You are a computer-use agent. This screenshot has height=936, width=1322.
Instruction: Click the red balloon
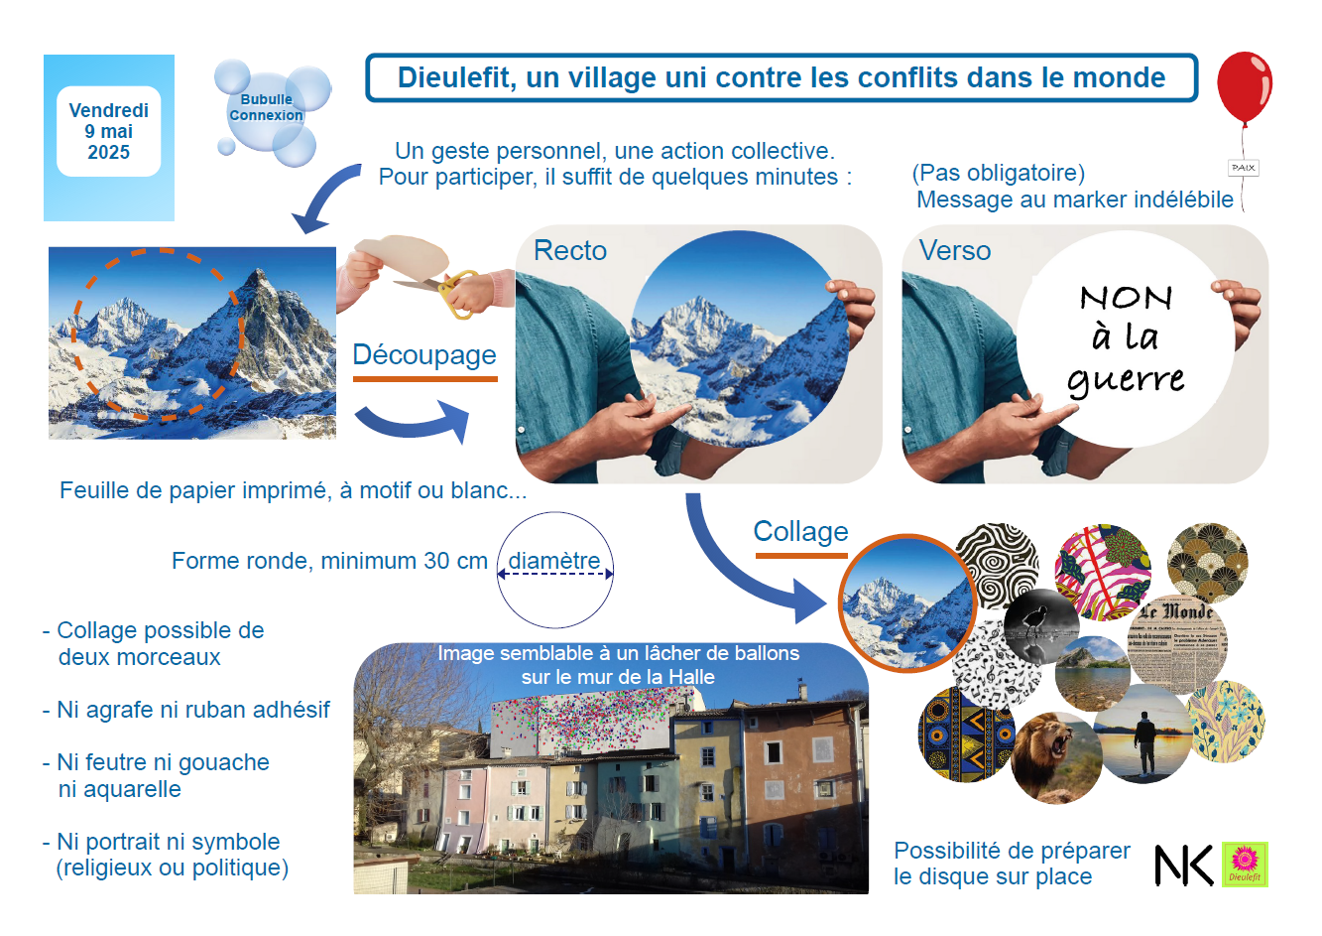click(1244, 86)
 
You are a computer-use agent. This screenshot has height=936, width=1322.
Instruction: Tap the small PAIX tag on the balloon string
click(1243, 168)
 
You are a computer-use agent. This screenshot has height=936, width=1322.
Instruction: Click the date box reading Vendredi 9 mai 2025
click(108, 131)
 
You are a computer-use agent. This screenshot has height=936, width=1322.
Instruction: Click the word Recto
click(570, 250)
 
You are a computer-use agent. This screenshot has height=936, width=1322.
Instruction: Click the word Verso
click(955, 250)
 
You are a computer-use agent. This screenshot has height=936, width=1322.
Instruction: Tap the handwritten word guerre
click(1126, 379)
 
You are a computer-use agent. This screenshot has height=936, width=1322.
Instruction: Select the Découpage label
click(424, 355)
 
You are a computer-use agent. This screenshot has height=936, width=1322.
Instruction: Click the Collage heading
click(801, 531)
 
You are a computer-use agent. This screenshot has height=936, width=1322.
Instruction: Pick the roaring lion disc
click(1056, 757)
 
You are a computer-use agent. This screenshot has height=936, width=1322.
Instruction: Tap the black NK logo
click(1183, 866)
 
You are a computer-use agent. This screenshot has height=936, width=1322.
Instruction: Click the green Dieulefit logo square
click(1245, 865)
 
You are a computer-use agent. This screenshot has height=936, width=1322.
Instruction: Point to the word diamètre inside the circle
click(554, 561)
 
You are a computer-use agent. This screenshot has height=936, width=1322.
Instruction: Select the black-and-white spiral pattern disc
click(997, 565)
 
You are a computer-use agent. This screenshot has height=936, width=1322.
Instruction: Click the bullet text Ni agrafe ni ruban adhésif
click(192, 710)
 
